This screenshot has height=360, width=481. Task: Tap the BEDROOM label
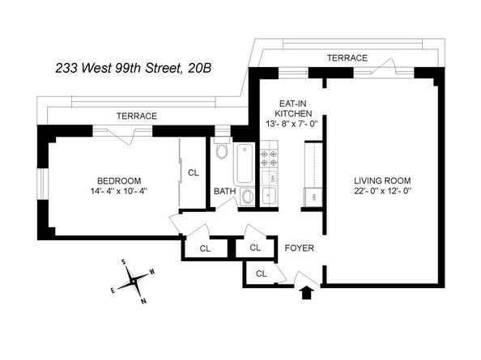pos(119,180)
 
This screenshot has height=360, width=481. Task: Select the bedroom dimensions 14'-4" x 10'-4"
pos(119,191)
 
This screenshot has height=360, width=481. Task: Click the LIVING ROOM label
pos(382,180)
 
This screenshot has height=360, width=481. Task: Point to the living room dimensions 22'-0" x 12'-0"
pos(382,192)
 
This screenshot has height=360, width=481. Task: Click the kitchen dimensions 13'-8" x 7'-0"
pos(288,124)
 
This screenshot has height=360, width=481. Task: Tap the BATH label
pos(224,192)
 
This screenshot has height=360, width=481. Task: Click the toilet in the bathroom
pos(223,151)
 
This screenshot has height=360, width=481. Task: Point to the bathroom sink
pos(249,197)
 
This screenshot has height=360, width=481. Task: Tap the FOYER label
pos(299,248)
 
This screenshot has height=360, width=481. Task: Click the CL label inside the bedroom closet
pos(193,172)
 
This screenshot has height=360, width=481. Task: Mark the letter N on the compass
pos(143,300)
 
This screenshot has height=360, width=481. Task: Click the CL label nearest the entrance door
pos(261,273)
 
